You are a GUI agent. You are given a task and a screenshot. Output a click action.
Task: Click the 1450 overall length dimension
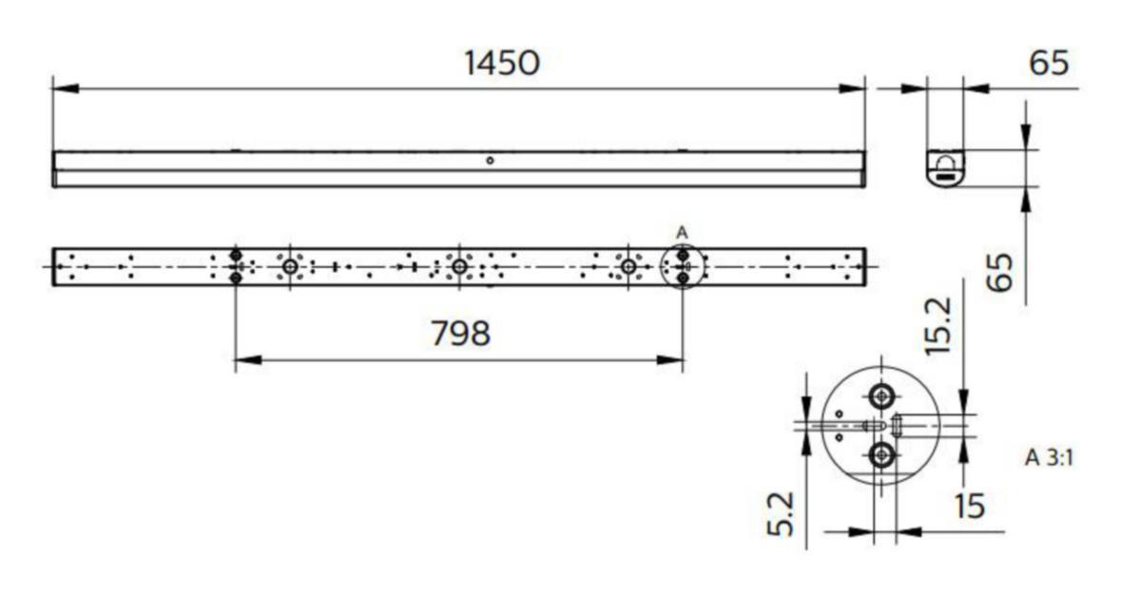[502, 63]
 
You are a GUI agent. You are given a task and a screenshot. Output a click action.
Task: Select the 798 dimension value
[460, 334]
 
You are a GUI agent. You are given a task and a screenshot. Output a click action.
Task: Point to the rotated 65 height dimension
[999, 273]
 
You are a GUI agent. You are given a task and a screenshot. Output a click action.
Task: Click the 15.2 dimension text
[938, 326]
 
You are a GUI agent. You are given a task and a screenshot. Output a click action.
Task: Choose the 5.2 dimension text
[781, 513]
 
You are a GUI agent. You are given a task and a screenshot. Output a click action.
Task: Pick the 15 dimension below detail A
[969, 506]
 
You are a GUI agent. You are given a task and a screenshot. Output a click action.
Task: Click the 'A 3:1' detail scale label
[1049, 457]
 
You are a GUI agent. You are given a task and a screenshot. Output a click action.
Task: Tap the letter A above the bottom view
[682, 233]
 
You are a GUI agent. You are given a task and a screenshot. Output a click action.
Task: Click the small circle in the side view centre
[490, 161]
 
